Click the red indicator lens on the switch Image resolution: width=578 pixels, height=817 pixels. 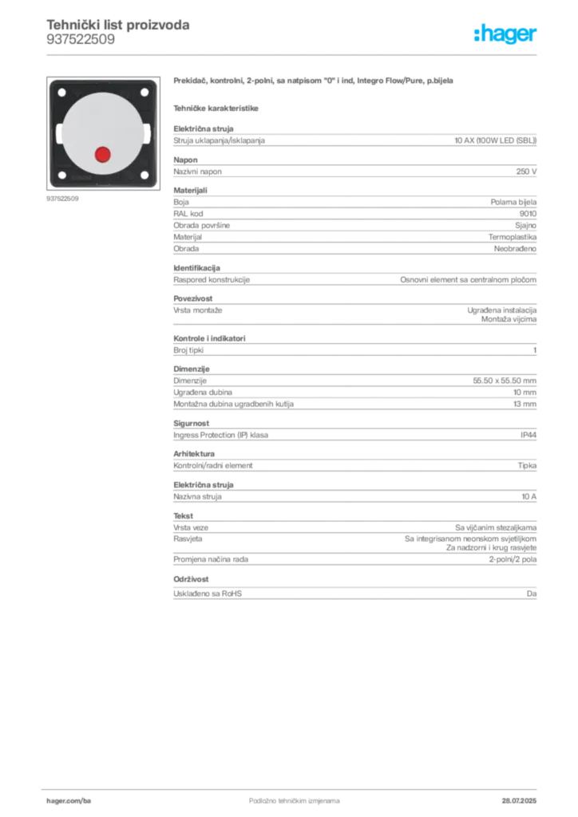(x=102, y=154)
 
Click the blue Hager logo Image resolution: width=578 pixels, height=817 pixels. (x=506, y=34)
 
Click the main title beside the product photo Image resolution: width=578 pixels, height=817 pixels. (x=315, y=81)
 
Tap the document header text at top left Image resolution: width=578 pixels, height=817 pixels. (x=117, y=30)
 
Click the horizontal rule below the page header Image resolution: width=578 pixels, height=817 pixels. (x=294, y=54)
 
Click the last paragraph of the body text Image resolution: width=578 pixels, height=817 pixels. (x=354, y=593)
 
